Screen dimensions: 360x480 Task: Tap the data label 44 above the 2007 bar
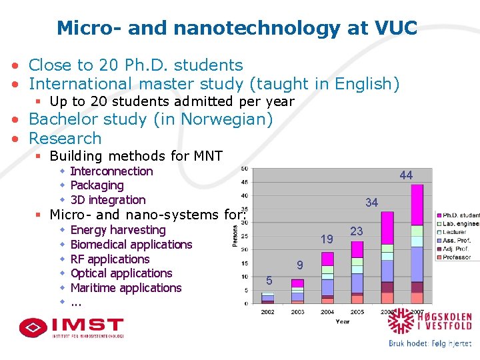click(x=406, y=175)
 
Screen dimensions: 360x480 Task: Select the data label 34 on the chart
click(x=371, y=203)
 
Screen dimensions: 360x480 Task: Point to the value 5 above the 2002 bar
click(x=268, y=279)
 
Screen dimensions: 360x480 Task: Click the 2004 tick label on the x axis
click(x=327, y=312)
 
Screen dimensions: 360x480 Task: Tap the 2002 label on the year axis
click(x=267, y=312)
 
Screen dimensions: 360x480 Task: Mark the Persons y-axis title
click(x=235, y=235)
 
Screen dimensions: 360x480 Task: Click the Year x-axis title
click(x=342, y=321)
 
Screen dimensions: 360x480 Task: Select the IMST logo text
click(x=87, y=325)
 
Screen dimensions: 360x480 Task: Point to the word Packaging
click(x=97, y=185)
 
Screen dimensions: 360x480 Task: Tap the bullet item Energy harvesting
click(x=117, y=230)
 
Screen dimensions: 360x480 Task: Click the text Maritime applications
click(x=125, y=288)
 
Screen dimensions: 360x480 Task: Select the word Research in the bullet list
click(x=65, y=139)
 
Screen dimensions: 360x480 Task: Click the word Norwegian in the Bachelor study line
click(x=223, y=119)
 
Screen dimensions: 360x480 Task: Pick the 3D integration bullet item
click(x=107, y=200)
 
